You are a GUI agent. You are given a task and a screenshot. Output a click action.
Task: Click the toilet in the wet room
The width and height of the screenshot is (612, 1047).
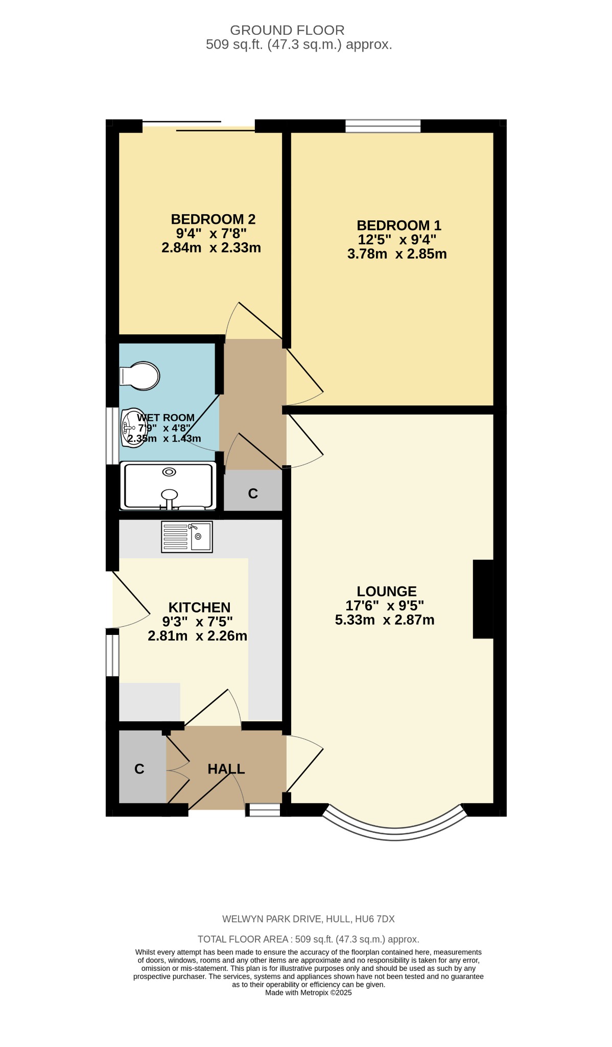point(139,376)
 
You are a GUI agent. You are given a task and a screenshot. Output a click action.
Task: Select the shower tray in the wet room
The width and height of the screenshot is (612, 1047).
point(169,486)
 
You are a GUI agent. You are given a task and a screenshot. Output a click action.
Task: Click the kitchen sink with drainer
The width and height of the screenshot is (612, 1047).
point(187,537)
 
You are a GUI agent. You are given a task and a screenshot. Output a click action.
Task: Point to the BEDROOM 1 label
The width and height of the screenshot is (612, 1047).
point(399,225)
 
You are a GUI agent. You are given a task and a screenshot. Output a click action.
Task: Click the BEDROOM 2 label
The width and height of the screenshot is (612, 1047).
point(213,219)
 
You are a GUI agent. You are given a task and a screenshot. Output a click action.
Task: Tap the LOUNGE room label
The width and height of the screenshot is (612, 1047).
point(387,591)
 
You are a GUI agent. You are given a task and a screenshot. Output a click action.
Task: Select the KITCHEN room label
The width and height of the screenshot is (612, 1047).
point(199,607)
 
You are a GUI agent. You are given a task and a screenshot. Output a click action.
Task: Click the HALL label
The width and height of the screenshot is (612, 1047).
point(226,769)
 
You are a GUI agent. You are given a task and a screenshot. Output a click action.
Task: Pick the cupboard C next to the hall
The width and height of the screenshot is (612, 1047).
point(139,769)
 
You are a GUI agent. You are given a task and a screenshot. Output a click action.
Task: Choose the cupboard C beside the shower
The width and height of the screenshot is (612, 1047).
point(253,493)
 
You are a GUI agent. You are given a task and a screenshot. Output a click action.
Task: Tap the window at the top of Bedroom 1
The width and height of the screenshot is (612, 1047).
point(383,126)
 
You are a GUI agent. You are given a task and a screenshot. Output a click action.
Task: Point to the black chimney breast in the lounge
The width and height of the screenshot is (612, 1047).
point(483,599)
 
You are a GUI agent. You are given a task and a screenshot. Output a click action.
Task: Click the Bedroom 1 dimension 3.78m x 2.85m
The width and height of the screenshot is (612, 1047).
point(397,254)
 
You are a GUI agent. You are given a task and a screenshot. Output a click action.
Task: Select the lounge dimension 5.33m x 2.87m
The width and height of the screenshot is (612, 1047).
point(385,620)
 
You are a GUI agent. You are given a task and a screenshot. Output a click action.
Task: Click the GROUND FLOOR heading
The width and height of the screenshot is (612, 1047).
point(287,30)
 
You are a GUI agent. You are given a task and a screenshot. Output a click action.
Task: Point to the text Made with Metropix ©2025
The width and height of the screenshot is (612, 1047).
point(309,992)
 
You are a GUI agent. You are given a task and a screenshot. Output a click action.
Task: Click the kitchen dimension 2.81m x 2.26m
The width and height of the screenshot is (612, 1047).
point(197,636)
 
